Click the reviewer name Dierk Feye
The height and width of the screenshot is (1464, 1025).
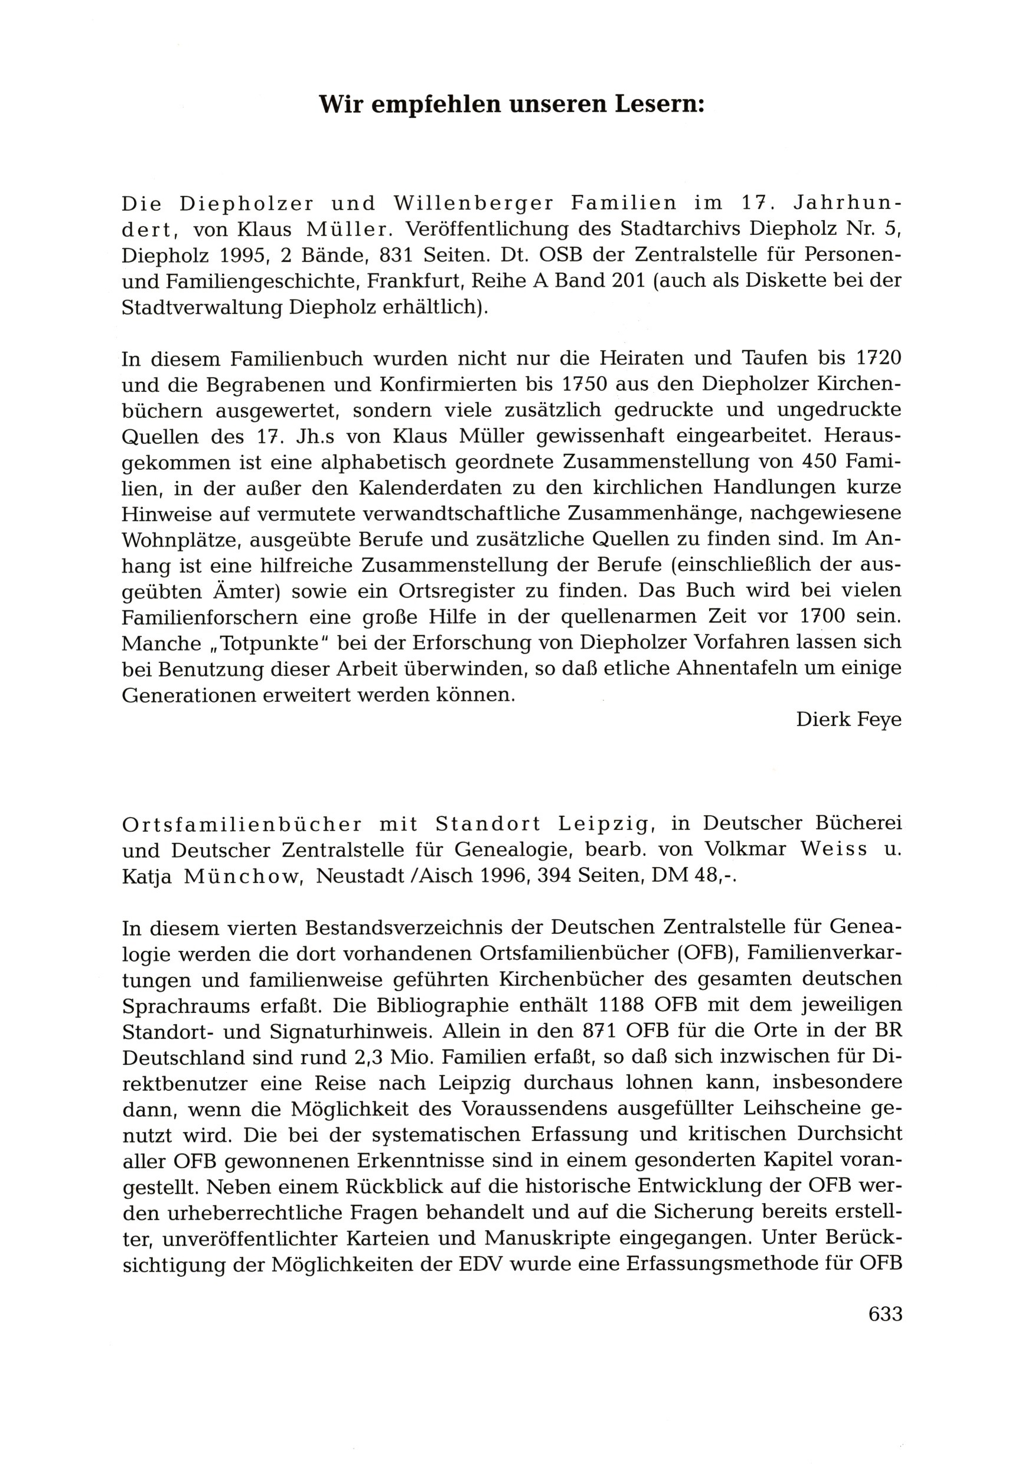click(x=848, y=719)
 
